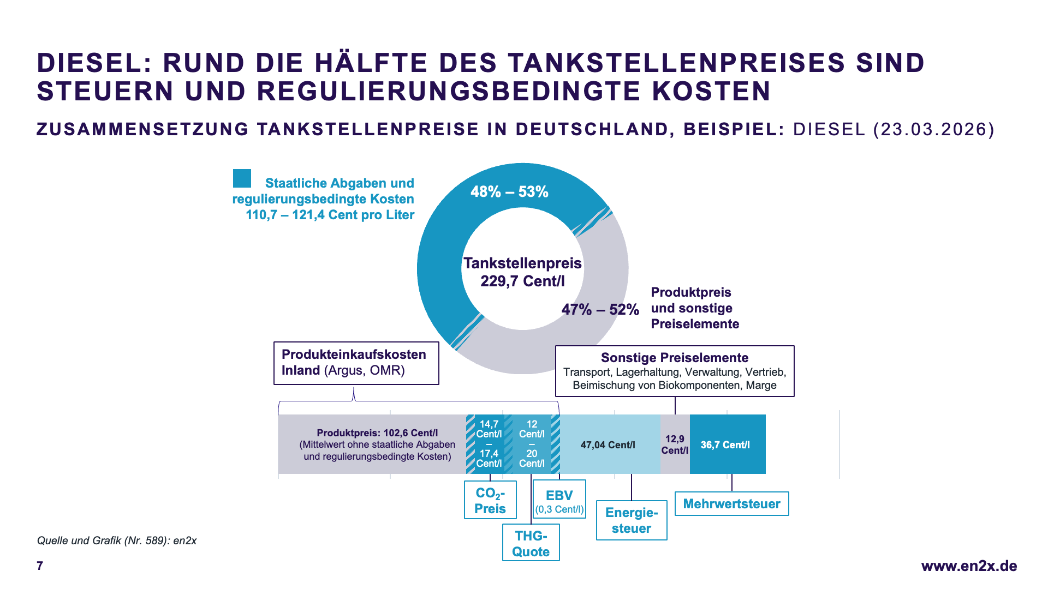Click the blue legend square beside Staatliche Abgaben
click(x=242, y=178)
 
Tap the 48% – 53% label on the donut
click(x=509, y=192)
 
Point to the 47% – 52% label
click(x=600, y=310)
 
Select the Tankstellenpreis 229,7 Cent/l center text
click(x=522, y=272)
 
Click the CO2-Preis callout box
click(x=490, y=500)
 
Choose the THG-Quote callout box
click(x=531, y=543)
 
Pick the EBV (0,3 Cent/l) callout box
click(x=559, y=500)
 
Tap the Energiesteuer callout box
click(x=632, y=520)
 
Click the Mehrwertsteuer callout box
click(x=731, y=504)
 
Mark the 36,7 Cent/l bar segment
click(x=727, y=444)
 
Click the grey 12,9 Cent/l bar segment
click(x=675, y=444)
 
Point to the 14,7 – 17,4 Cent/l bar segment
click(x=489, y=444)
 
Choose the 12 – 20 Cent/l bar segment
click(x=532, y=444)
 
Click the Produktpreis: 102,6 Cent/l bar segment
click(x=377, y=444)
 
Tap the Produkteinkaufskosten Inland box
click(x=356, y=363)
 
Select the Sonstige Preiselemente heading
click(x=675, y=358)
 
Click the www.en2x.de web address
click(x=969, y=566)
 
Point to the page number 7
click(x=40, y=566)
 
